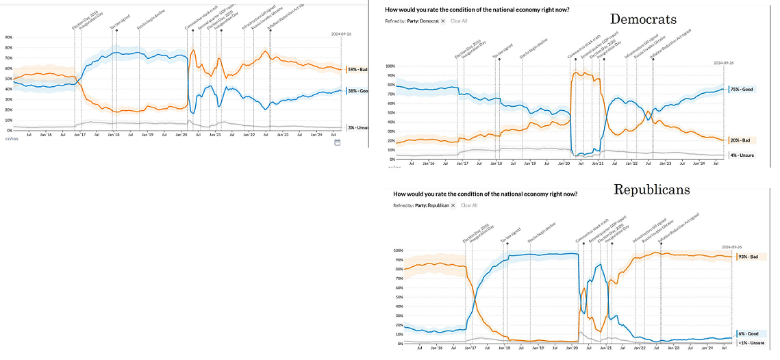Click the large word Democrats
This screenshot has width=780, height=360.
point(643,18)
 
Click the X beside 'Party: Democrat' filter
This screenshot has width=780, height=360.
point(443,21)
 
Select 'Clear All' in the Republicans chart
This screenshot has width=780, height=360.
point(469,205)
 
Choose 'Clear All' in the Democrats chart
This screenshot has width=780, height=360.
point(459,21)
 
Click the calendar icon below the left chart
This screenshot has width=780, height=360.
point(338,142)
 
